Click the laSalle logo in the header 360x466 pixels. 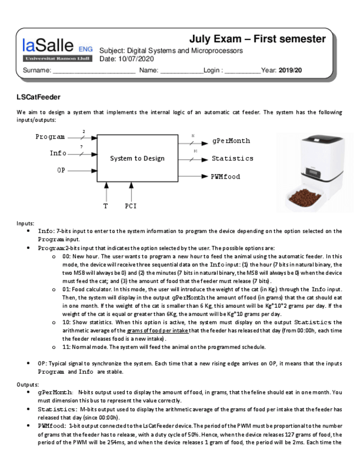point(57,49)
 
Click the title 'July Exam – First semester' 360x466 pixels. point(257,39)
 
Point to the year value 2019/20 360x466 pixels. point(290,70)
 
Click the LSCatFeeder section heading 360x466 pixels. point(38,97)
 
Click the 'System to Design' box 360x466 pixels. point(137,158)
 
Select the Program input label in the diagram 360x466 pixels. point(50,137)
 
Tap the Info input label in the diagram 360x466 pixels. point(58,153)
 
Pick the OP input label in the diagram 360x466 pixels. point(61,170)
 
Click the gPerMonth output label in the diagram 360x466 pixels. point(231,141)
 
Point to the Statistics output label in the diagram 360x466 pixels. point(232,158)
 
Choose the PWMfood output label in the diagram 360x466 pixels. point(225,176)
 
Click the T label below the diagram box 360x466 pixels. point(106,206)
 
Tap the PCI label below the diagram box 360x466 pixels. point(131,206)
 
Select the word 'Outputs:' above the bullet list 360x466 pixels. point(27,384)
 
